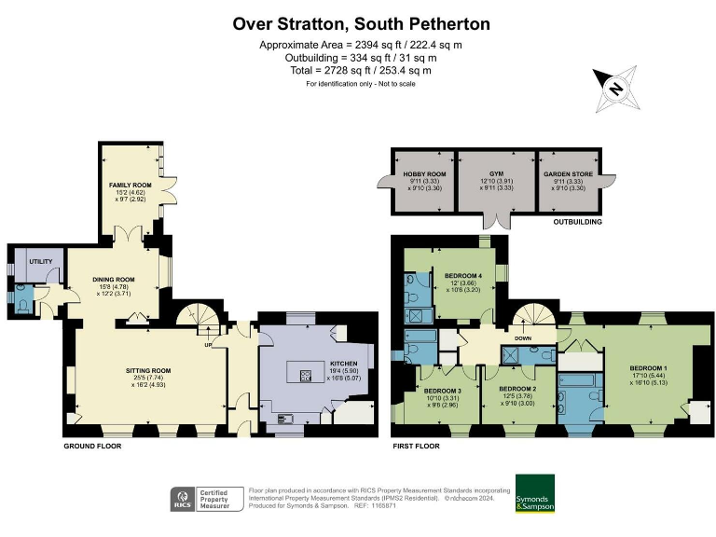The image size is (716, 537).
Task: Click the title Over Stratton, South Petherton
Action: pyautogui.click(x=361, y=22)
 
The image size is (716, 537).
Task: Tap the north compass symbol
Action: pyautogui.click(x=614, y=89)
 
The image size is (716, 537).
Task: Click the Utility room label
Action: pyautogui.click(x=39, y=262)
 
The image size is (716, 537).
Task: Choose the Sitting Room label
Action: pyautogui.click(x=148, y=370)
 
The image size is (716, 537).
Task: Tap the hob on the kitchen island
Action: pyautogui.click(x=304, y=377)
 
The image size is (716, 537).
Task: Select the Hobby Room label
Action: pyautogui.click(x=424, y=174)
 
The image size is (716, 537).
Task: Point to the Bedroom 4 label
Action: pyautogui.click(x=463, y=276)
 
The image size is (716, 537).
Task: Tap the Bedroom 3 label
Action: pyautogui.click(x=442, y=390)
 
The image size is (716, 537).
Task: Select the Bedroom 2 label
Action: pyautogui.click(x=516, y=388)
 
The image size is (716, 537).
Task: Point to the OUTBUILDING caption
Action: pyautogui.click(x=577, y=223)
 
